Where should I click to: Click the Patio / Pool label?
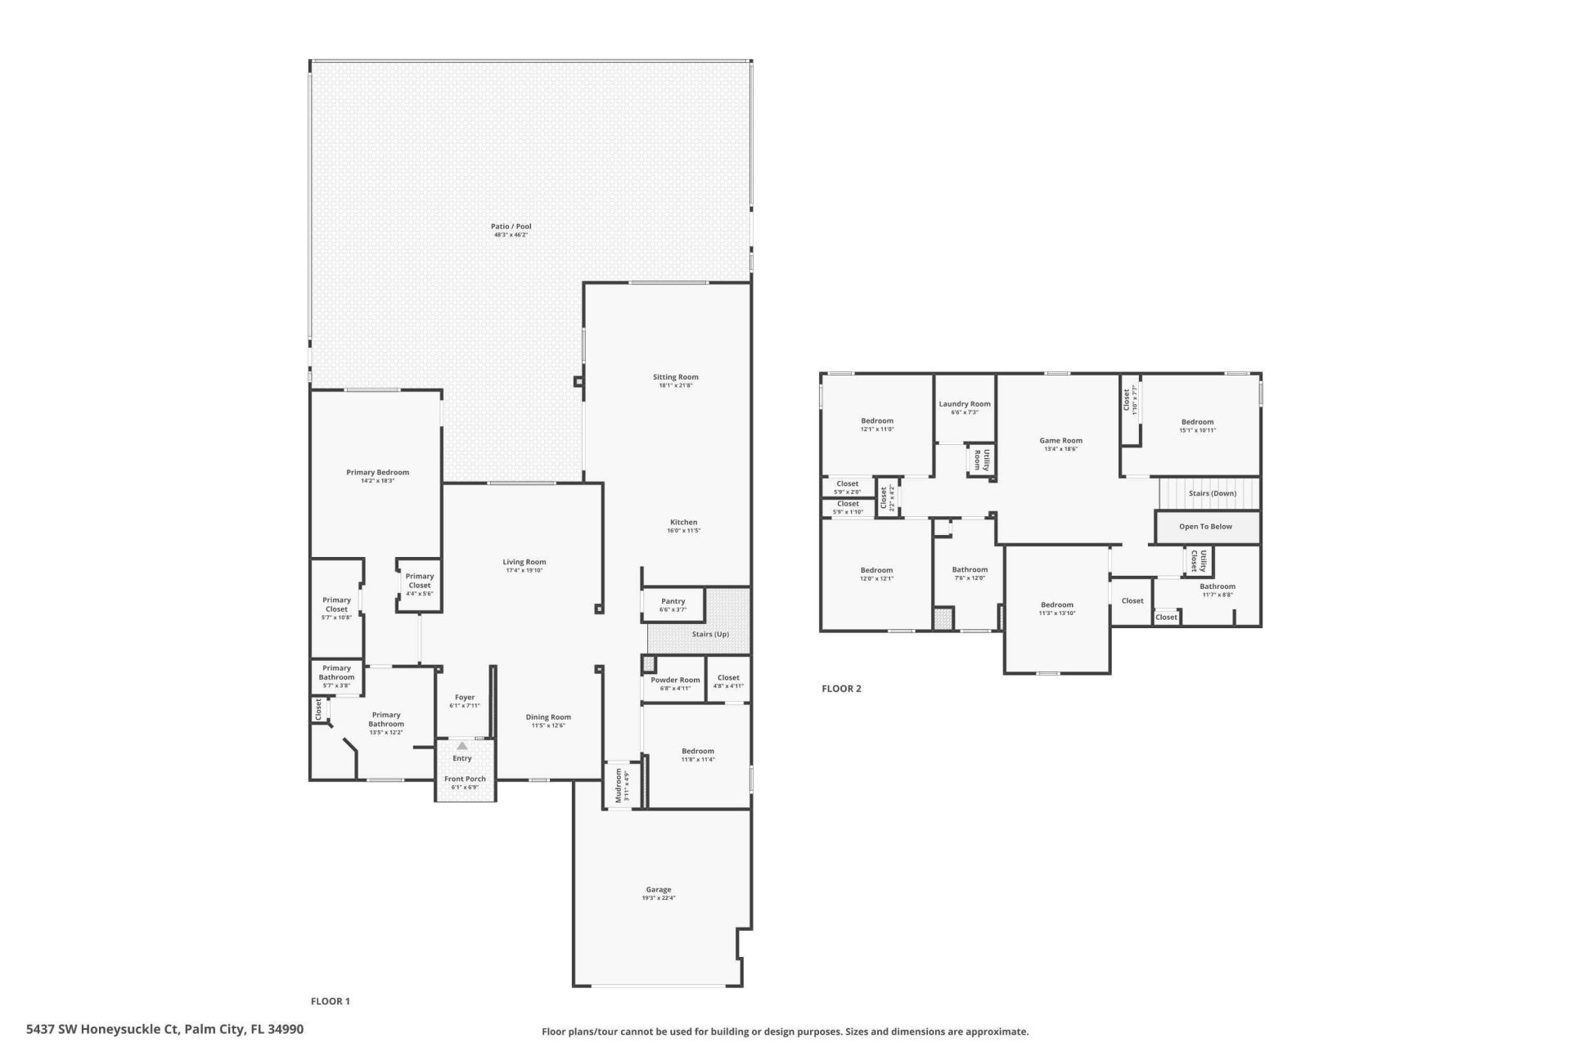(x=511, y=227)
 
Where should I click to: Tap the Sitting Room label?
(x=675, y=377)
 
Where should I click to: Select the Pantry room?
(x=673, y=604)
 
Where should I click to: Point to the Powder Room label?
(x=675, y=680)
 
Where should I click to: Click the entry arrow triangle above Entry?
(x=461, y=746)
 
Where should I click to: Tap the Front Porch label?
(x=465, y=779)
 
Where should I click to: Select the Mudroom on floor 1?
(x=619, y=786)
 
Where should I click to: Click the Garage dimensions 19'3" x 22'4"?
(x=658, y=898)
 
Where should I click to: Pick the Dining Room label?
(x=548, y=717)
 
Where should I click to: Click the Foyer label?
(x=464, y=698)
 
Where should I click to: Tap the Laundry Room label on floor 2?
(x=964, y=404)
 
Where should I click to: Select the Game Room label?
(x=1060, y=440)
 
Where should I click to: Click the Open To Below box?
(x=1205, y=527)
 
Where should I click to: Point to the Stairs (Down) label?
(x=1212, y=493)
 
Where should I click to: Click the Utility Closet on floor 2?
(x=1199, y=561)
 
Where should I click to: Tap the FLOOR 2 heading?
(x=841, y=689)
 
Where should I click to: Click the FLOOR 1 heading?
(x=331, y=1001)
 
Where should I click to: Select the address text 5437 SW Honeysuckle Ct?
(x=102, y=1029)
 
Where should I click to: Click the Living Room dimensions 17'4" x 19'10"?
(x=524, y=570)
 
